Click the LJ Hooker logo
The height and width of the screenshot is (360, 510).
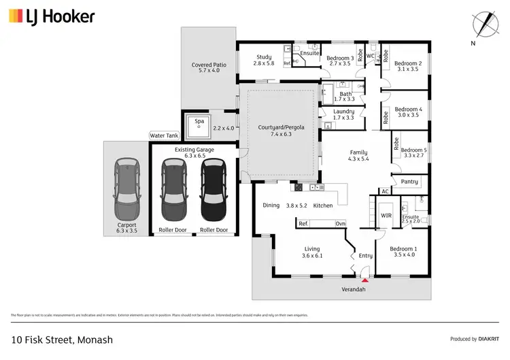[52, 16]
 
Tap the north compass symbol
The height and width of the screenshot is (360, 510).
[483, 24]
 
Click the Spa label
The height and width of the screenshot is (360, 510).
[199, 121]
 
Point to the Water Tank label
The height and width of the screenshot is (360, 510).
[164, 136]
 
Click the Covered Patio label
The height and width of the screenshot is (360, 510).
[209, 65]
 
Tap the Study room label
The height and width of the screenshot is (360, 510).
[264, 57]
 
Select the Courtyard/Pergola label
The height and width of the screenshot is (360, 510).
[281, 127]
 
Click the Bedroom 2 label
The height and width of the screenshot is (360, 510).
[409, 64]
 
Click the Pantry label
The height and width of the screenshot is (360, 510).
[409, 182]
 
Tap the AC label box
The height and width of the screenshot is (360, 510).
[385, 192]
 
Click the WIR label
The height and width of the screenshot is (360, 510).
[386, 216]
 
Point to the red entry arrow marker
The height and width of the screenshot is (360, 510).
[365, 278]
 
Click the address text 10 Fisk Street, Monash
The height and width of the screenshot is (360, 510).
[62, 340]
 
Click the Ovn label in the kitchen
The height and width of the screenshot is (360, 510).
[341, 223]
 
